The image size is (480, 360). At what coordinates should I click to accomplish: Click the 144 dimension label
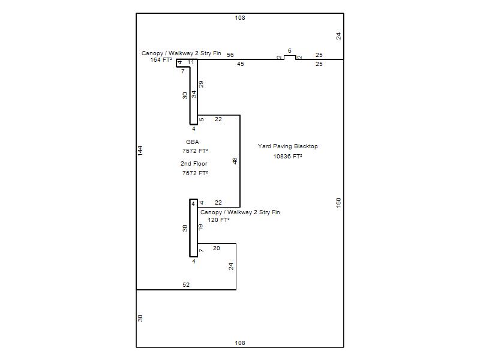pyautogui.click(x=140, y=151)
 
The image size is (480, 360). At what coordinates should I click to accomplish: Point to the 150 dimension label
pyautogui.click(x=338, y=202)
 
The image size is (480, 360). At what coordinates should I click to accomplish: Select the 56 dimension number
pyautogui.click(x=230, y=55)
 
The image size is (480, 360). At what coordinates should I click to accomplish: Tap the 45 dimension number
pyautogui.click(x=241, y=64)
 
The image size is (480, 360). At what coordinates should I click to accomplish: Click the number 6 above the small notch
pyautogui.click(x=290, y=51)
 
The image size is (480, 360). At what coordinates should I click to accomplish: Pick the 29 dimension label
pyautogui.click(x=201, y=84)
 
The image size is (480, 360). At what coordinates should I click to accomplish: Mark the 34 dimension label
pyautogui.click(x=194, y=94)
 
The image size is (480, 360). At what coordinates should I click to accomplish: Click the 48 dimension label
pyautogui.click(x=235, y=161)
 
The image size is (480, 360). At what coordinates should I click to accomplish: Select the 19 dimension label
pyautogui.click(x=200, y=227)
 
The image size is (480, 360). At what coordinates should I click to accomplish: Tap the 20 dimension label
pyautogui.click(x=217, y=248)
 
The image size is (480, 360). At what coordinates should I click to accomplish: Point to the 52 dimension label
pyautogui.click(x=186, y=284)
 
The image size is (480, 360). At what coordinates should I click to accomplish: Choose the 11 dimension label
pyautogui.click(x=191, y=62)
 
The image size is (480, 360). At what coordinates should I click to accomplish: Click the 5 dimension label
pyautogui.click(x=202, y=119)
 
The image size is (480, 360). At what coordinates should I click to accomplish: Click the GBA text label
pyautogui.click(x=193, y=142)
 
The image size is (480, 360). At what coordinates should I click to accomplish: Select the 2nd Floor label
pyautogui.click(x=194, y=164)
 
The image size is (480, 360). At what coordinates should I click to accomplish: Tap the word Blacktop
pyautogui.click(x=306, y=146)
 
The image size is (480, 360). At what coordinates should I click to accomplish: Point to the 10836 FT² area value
pyautogui.click(x=288, y=157)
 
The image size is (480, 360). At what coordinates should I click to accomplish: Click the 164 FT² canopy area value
pyautogui.click(x=161, y=60)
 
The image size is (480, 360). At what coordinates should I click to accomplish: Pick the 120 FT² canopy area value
pyautogui.click(x=218, y=220)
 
